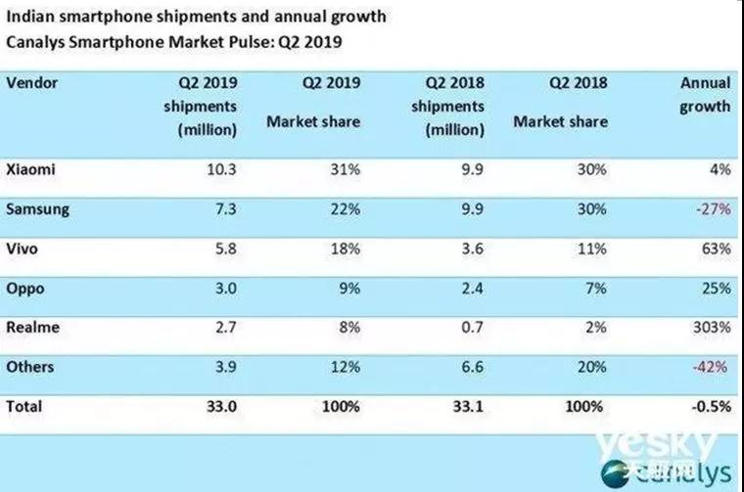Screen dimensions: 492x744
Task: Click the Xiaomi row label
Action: tap(30, 169)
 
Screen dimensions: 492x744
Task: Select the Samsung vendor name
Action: tap(36, 209)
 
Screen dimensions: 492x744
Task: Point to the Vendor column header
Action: tap(33, 83)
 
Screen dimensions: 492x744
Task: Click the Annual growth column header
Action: tap(704, 95)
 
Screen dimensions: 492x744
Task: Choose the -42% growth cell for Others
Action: tap(711, 368)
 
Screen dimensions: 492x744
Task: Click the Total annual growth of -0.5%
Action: tap(708, 406)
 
